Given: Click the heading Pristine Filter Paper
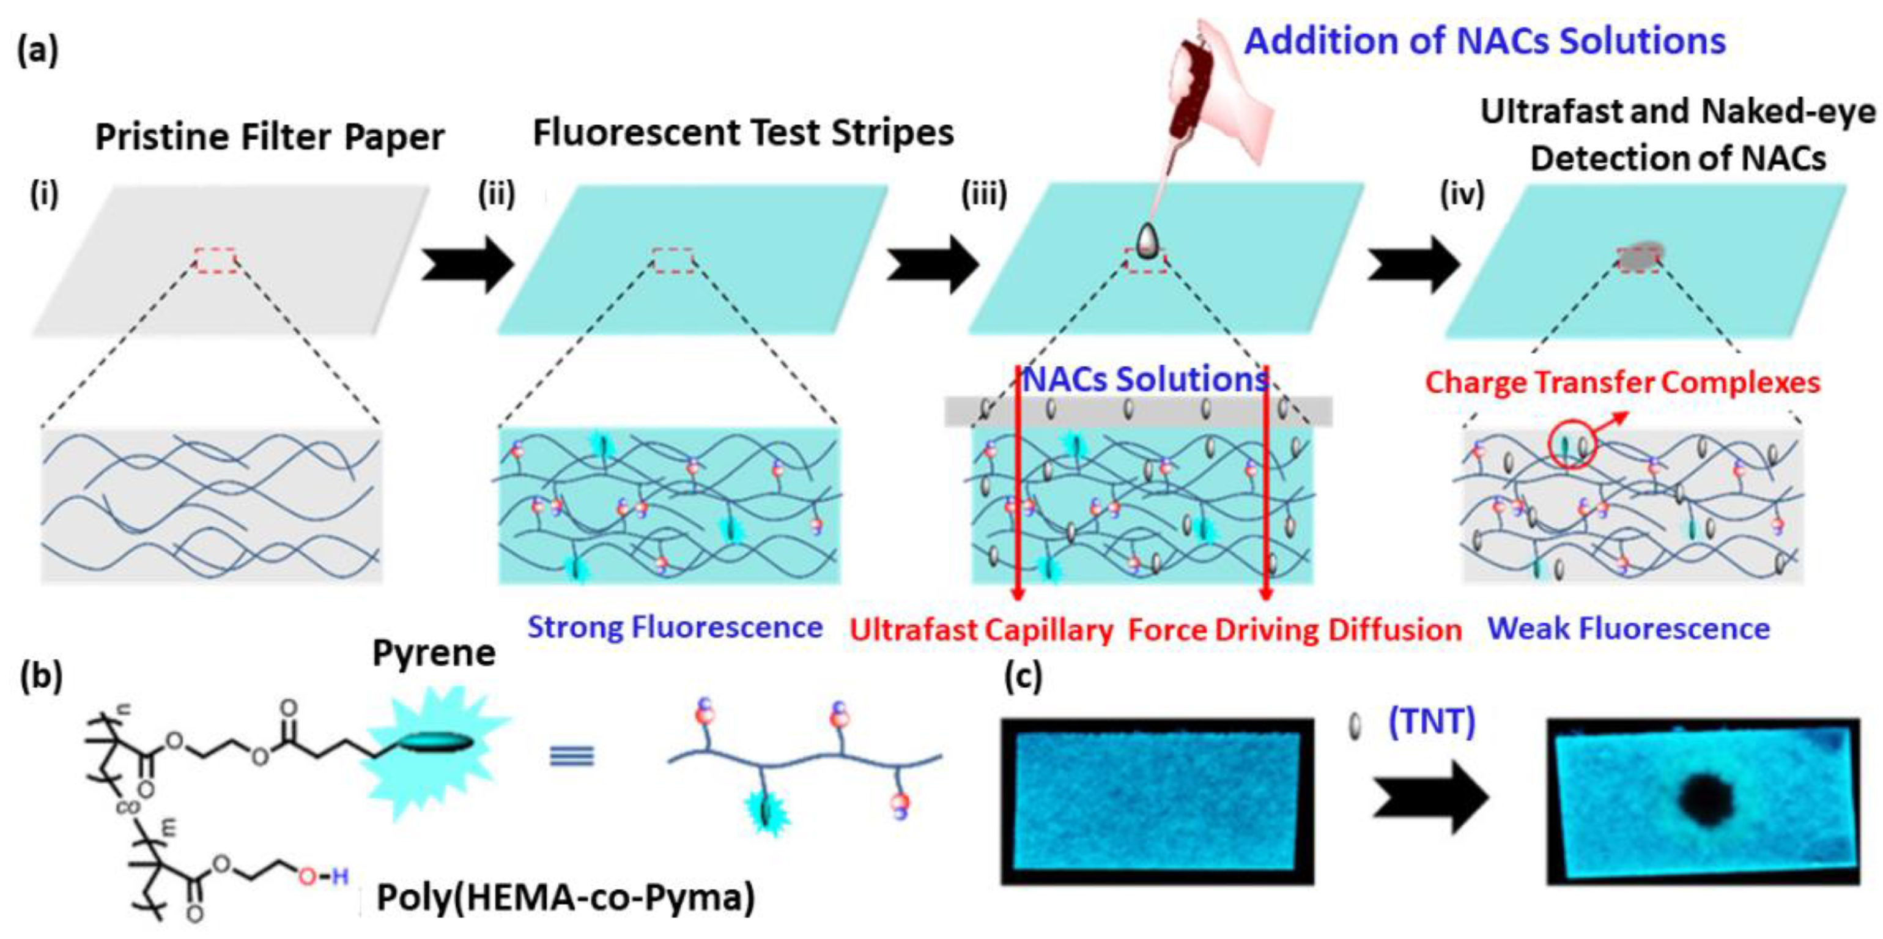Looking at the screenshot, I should (x=270, y=138).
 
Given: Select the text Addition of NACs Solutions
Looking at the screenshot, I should (x=1485, y=41).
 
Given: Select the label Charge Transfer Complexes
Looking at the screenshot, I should (x=1622, y=383).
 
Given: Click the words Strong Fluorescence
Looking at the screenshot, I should (x=675, y=628).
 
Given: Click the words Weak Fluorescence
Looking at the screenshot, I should (x=1629, y=629).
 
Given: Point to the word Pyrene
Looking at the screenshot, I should (x=434, y=653).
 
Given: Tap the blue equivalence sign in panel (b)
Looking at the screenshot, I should (x=572, y=755).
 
